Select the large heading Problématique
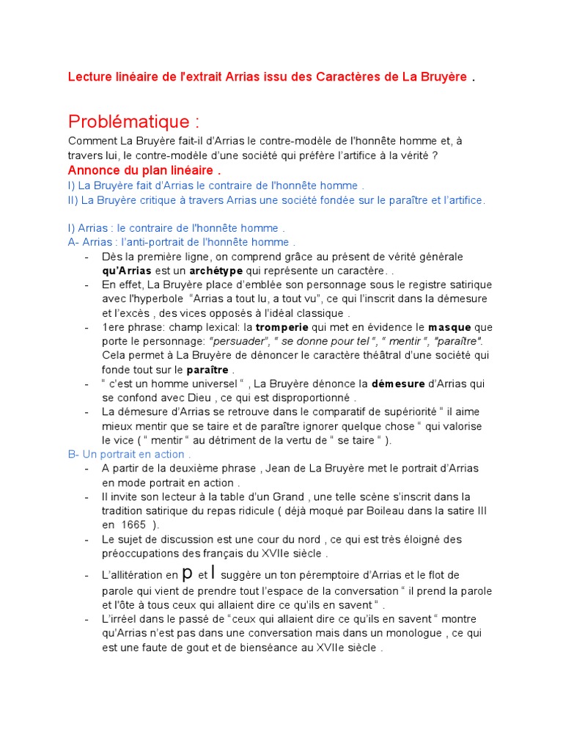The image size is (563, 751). (134, 121)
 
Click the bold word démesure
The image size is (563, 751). (397, 384)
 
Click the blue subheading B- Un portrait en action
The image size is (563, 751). (129, 454)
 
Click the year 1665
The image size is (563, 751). (133, 525)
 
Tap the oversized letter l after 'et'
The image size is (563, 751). (214, 572)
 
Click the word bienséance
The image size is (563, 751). (228, 648)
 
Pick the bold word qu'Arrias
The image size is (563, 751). (127, 271)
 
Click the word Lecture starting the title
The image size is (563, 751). (89, 77)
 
